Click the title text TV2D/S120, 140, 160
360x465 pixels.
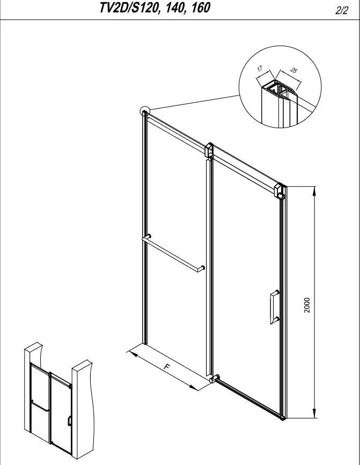[x=155, y=8]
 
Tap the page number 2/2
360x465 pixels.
[x=341, y=11]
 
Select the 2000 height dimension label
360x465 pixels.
[x=307, y=305]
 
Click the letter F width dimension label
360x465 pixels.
[x=167, y=366]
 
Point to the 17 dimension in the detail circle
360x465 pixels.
[x=260, y=69]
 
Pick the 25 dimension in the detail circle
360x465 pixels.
[x=293, y=70]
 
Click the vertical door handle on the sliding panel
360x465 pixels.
[x=275, y=307]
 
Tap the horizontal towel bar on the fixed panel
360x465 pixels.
[x=173, y=253]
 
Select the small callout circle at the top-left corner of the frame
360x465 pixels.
[x=145, y=111]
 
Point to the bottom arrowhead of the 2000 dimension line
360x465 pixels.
[x=314, y=413]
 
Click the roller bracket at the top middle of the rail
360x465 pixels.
[x=209, y=151]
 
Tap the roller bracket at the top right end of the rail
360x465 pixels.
[x=280, y=191]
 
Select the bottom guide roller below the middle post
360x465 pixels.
[x=214, y=379]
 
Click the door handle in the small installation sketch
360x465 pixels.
[x=69, y=421]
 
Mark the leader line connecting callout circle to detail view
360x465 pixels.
[x=194, y=102]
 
